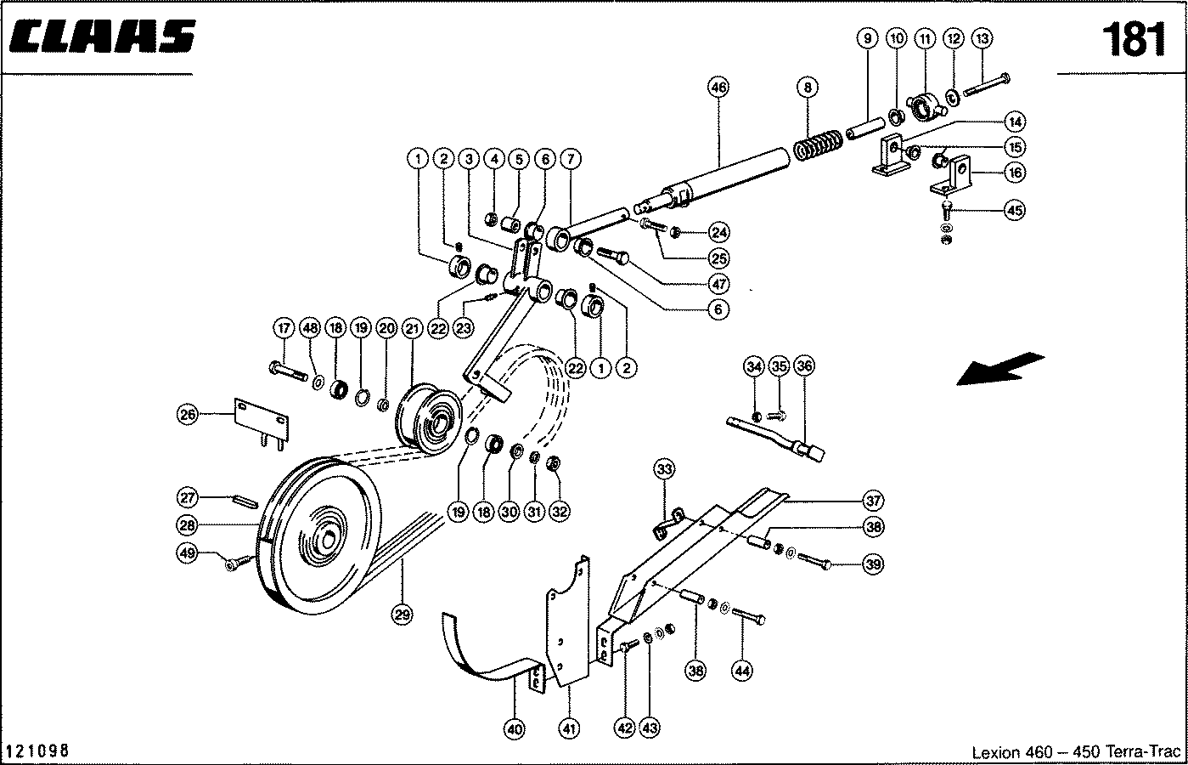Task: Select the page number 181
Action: click(x=1134, y=39)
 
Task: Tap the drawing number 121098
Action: click(x=37, y=751)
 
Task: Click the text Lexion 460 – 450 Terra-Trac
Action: click(x=1075, y=752)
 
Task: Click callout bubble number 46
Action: click(x=718, y=87)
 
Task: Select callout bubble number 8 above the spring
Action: click(x=808, y=87)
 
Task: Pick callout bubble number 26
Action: click(x=188, y=415)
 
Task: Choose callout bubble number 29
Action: click(x=403, y=614)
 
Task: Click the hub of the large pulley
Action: click(x=327, y=537)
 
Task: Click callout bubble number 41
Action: click(x=569, y=728)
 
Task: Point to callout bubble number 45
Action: click(x=1014, y=210)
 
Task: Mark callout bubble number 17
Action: click(x=284, y=328)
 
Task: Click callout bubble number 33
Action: click(x=664, y=468)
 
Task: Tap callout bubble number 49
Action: click(x=188, y=552)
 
